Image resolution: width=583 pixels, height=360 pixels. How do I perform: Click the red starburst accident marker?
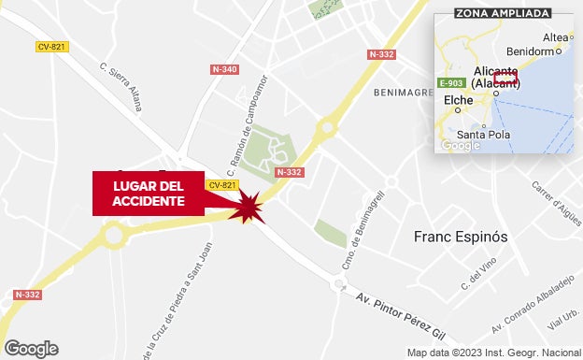pyautogui.click(x=249, y=207)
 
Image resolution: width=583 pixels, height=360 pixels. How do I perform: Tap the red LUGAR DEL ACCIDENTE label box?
pyautogui.click(x=149, y=194)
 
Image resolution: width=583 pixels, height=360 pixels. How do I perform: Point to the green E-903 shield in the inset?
pyautogui.click(x=452, y=83)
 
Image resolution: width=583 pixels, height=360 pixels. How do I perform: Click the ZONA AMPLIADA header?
pyautogui.click(x=502, y=13)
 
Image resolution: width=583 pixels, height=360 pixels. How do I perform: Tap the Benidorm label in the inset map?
pyautogui.click(x=529, y=51)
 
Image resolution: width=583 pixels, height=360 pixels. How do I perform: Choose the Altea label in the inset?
pyautogui.click(x=555, y=37)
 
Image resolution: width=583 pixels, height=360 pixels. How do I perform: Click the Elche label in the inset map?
pyautogui.click(x=458, y=100)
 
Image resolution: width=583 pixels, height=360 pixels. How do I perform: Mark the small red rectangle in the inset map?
pyautogui.click(x=505, y=79)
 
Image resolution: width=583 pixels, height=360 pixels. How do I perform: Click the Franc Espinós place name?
pyautogui.click(x=461, y=237)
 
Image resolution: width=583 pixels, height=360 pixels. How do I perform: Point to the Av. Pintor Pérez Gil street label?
pyautogui.click(x=402, y=314)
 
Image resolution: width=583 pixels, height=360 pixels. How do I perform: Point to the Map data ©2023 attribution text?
pyautogui.click(x=492, y=353)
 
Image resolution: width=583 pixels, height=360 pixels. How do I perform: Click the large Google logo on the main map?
pyautogui.click(x=31, y=348)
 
